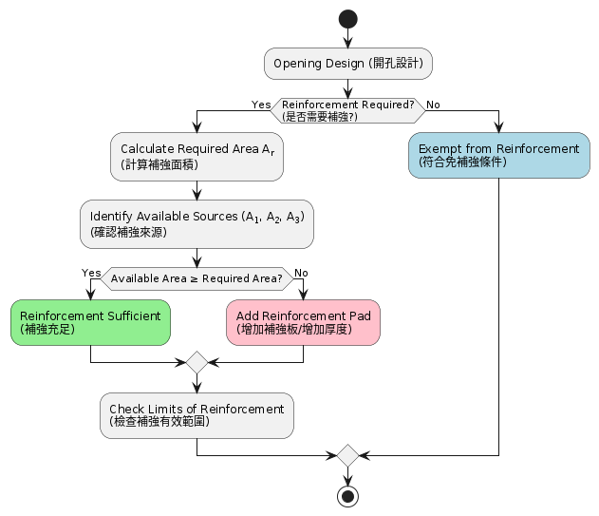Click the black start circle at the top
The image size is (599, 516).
pyautogui.click(x=348, y=19)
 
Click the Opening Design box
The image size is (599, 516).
pyautogui.click(x=348, y=64)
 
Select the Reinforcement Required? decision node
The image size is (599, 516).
pyautogui.click(x=348, y=110)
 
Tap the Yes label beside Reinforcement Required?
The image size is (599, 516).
pyautogui.click(x=261, y=104)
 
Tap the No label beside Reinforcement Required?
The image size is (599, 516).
pyautogui.click(x=433, y=104)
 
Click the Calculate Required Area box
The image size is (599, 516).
pyautogui.click(x=197, y=156)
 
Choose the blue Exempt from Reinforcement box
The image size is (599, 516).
pyautogui.click(x=498, y=155)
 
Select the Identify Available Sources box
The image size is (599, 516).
pyautogui.click(x=197, y=223)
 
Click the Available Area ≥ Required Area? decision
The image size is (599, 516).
pyautogui.click(x=197, y=278)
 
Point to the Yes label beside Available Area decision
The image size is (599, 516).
pyautogui.click(x=91, y=273)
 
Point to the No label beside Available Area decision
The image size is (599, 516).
pyautogui.click(x=301, y=273)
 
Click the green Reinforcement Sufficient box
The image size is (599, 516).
pyautogui.click(x=90, y=322)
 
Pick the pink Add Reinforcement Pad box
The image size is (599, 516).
pyautogui.click(x=303, y=322)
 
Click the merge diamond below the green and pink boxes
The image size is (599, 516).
pyautogui.click(x=197, y=362)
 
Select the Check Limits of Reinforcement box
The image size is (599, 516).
pyautogui.click(x=197, y=415)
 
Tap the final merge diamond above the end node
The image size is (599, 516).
pyautogui.click(x=348, y=455)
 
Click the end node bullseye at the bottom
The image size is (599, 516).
pyautogui.click(x=348, y=496)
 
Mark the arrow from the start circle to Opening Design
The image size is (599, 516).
pyautogui.click(x=348, y=38)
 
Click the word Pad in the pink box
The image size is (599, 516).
pyautogui.click(x=359, y=315)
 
